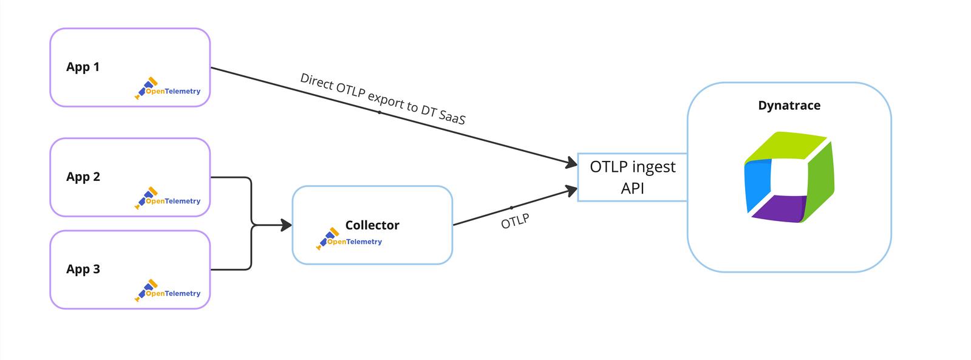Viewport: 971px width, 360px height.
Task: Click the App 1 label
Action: coord(83,67)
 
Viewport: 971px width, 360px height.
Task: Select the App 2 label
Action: coord(83,177)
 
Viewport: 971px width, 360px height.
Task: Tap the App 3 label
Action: coord(83,270)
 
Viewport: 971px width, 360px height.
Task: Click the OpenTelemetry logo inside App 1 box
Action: coord(168,89)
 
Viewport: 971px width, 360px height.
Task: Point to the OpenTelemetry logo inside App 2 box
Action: coord(168,199)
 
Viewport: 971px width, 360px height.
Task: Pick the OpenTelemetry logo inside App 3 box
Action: coord(168,291)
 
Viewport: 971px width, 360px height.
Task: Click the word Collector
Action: coord(372,225)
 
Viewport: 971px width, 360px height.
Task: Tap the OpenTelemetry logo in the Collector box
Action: coord(349,239)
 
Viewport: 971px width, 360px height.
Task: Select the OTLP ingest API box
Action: coord(632,177)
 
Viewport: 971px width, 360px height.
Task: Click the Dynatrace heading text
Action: coord(789,106)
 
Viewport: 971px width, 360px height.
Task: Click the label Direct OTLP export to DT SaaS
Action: coord(383,98)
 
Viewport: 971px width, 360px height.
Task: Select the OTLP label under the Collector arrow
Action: coord(515,222)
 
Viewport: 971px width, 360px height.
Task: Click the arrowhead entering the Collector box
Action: coord(286,225)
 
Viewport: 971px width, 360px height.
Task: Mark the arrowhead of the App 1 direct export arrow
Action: coord(571,163)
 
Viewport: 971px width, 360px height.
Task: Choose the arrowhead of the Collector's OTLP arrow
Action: coord(571,191)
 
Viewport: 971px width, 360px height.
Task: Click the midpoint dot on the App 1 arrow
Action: coord(380,112)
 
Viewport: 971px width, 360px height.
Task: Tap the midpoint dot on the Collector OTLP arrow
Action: coord(511,208)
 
